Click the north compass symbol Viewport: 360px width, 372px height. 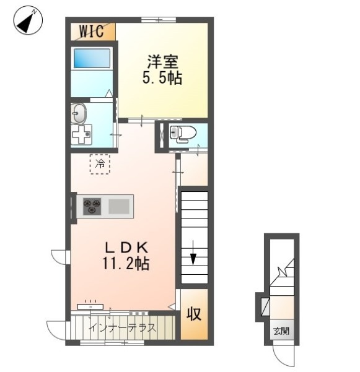click(28, 20)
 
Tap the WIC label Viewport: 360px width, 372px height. click(92, 31)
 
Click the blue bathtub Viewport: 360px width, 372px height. click(92, 58)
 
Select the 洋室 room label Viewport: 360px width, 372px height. click(162, 62)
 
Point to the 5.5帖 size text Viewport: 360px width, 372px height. click(162, 78)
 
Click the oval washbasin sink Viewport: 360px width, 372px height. click(79, 113)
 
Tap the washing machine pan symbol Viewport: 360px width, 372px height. click(81, 134)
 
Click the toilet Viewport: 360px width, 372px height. click(183, 134)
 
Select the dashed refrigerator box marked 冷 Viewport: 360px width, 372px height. click(100, 164)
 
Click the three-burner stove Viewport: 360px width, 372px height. click(92, 206)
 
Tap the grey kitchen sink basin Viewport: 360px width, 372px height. click(119, 206)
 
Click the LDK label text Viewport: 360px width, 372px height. click(127, 248)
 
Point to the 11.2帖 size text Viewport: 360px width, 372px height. click(126, 264)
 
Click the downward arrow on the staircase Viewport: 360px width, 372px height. click(193, 253)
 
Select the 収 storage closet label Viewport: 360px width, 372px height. click(193, 314)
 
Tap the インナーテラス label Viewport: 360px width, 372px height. click(123, 328)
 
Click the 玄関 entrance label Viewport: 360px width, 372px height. click(281, 331)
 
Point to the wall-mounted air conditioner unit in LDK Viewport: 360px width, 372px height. click(90, 306)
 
